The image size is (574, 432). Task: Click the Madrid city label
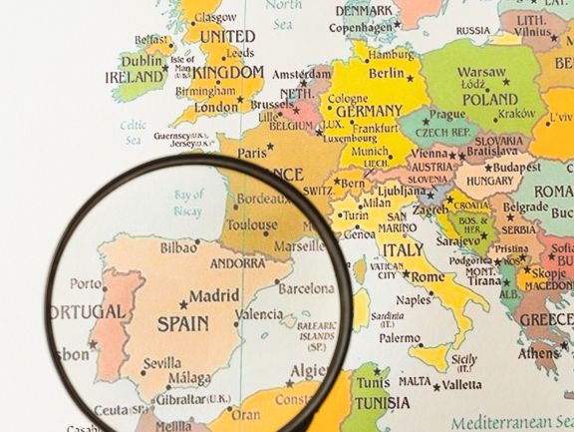(214, 296)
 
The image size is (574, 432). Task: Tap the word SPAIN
(183, 323)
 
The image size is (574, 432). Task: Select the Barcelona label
(306, 288)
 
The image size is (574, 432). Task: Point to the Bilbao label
(177, 244)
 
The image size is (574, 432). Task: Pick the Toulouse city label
(251, 224)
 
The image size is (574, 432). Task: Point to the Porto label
(86, 283)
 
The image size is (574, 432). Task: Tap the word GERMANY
(369, 111)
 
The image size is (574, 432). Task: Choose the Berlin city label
(387, 73)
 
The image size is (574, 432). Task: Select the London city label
(216, 107)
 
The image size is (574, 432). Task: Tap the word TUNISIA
(383, 403)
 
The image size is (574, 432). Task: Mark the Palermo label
(399, 338)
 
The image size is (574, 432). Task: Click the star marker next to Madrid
(182, 303)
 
